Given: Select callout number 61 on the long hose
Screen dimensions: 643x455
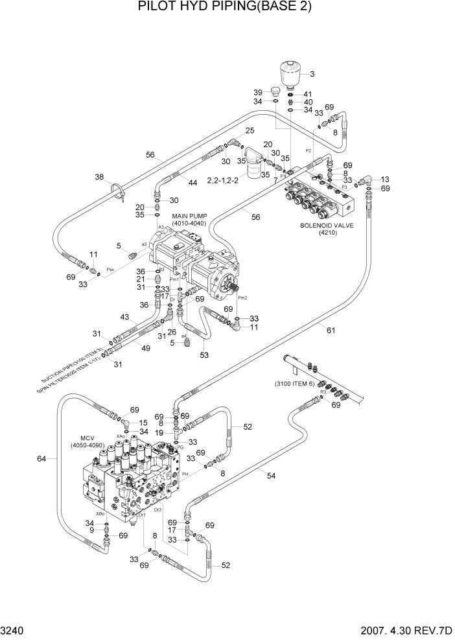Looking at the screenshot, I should [x=331, y=331].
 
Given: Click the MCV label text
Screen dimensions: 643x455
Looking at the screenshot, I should [x=89, y=438].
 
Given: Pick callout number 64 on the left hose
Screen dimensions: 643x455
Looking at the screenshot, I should [x=41, y=459].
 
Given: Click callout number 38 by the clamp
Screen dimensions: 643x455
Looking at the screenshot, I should [x=99, y=177].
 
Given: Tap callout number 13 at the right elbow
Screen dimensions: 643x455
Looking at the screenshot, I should [x=385, y=179].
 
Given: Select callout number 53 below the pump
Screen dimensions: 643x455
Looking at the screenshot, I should [x=204, y=355].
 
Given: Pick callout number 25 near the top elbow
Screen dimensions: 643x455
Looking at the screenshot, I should [x=250, y=131].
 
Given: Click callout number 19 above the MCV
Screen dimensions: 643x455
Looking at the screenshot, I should [x=169, y=432].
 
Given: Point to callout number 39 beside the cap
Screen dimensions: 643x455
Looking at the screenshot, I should [x=257, y=92].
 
